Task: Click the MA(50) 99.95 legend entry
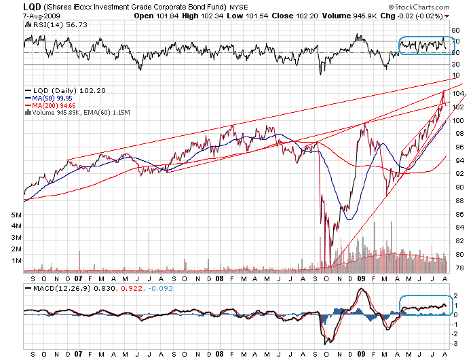pyautogui.click(x=51, y=98)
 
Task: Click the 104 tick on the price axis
pyautogui.click(x=458, y=93)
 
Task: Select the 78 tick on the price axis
pyautogui.click(x=458, y=267)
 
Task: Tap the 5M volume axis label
pyautogui.click(x=17, y=214)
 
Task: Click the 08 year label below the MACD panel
pyautogui.click(x=219, y=354)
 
